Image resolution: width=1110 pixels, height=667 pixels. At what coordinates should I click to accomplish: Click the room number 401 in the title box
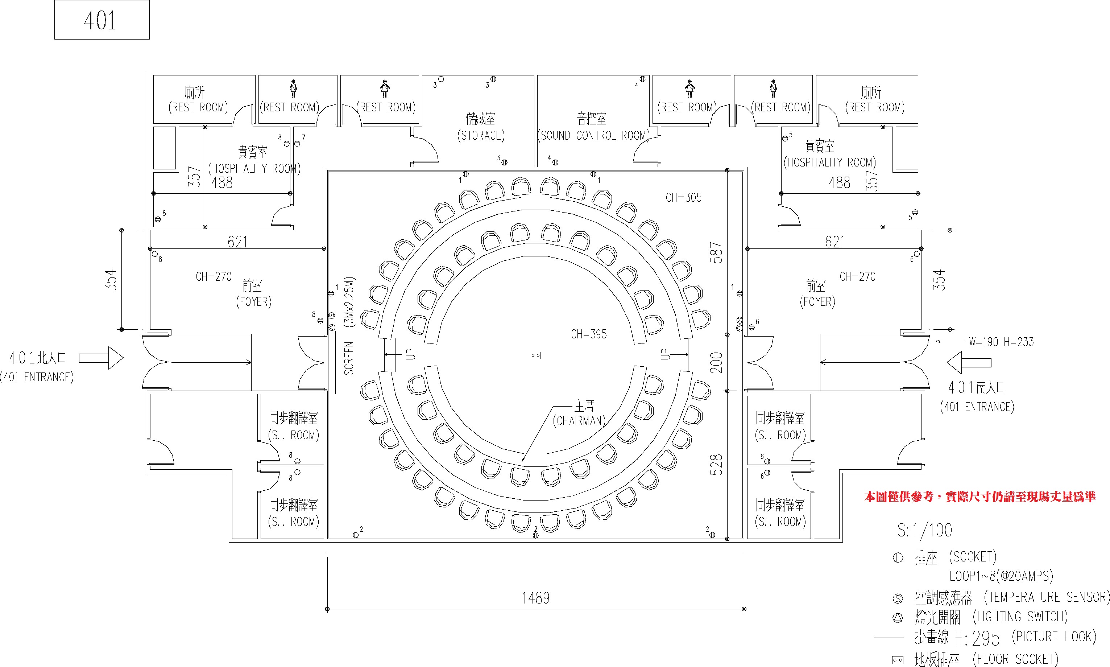click(x=100, y=21)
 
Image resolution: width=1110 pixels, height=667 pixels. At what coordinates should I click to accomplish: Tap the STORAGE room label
click(x=481, y=135)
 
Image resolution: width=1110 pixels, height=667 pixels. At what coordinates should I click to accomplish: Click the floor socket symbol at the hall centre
click(x=535, y=355)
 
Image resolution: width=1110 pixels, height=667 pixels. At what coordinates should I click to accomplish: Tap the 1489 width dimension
click(x=535, y=598)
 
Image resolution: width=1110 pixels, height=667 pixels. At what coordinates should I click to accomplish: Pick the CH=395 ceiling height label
click(x=588, y=334)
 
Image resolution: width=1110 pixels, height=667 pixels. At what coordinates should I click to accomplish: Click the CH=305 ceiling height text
click(x=683, y=197)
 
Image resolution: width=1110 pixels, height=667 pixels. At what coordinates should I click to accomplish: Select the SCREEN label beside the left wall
click(x=349, y=358)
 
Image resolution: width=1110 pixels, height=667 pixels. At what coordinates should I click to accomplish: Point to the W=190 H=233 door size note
click(x=1001, y=342)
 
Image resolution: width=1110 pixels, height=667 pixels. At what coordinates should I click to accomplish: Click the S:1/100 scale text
click(x=924, y=530)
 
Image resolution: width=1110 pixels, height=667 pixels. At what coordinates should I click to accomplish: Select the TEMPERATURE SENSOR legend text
click(x=1046, y=597)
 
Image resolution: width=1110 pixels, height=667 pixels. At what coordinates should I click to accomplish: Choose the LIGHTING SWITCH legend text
click(x=1020, y=617)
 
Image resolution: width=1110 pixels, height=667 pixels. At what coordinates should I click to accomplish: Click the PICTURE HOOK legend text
click(x=1054, y=637)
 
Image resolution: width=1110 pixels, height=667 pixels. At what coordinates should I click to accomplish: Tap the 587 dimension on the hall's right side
click(x=716, y=252)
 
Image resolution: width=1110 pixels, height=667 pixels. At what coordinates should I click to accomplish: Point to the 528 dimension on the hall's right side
click(x=716, y=465)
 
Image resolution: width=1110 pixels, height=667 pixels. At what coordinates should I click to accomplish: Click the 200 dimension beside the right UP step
click(x=716, y=363)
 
